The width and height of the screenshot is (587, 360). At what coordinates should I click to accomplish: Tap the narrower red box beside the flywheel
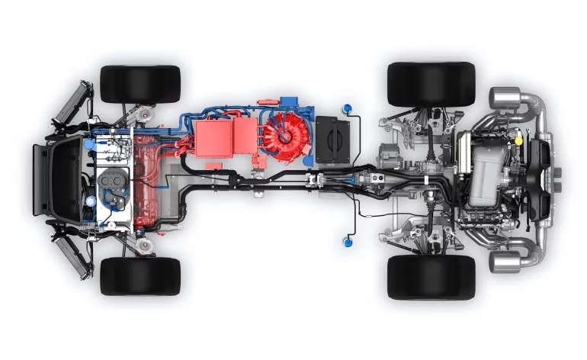pyautogui.click(x=245, y=136)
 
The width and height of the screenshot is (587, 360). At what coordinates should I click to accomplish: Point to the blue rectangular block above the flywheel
pyautogui.click(x=290, y=102)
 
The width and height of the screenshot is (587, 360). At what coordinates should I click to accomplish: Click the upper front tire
pyautogui.click(x=140, y=84)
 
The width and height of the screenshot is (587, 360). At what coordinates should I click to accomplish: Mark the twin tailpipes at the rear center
pyautogui.click(x=561, y=180)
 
